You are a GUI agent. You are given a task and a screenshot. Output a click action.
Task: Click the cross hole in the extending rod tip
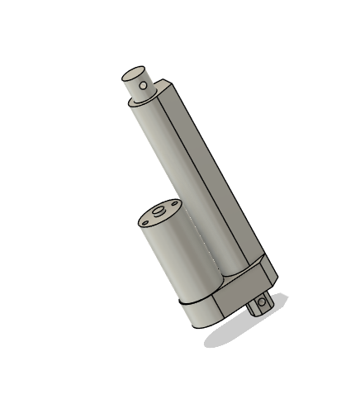tap(144, 84)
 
